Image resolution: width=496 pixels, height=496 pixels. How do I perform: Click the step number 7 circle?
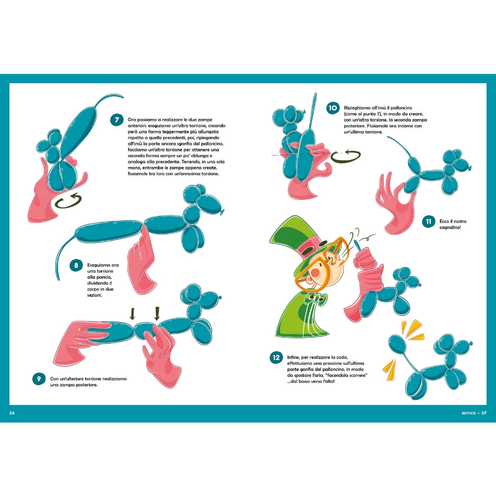117,120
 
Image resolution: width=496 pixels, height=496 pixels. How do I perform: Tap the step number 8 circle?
76,265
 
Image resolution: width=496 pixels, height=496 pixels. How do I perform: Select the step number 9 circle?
39,379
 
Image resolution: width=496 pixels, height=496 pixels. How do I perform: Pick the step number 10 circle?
333,108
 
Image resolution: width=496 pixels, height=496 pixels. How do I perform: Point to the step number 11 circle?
429,222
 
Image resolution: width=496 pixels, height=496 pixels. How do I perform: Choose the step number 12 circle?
276,357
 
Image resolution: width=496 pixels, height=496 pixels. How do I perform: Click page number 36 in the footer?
12,413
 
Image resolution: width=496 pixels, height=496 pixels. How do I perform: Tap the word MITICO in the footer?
469,413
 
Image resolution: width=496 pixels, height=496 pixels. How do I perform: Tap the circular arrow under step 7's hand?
69,201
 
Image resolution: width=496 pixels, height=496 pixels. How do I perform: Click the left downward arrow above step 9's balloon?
133,313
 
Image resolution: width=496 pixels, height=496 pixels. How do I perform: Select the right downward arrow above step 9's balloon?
157,313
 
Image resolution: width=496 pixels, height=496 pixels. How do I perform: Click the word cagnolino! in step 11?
450,227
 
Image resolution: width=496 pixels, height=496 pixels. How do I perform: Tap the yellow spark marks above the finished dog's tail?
412,331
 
